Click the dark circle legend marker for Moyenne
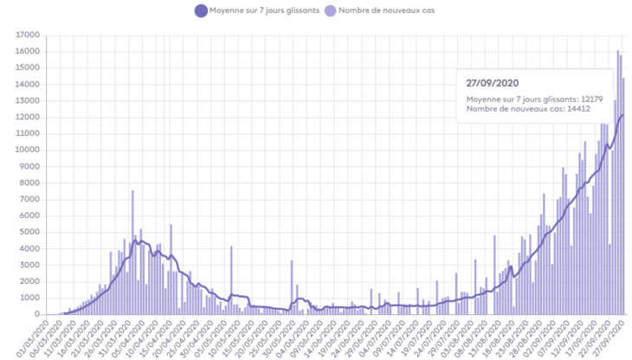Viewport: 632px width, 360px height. [201, 11]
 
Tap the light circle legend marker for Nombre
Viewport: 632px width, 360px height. [330, 11]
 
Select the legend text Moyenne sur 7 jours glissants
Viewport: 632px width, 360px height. [264, 11]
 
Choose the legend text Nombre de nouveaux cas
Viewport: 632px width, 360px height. [385, 11]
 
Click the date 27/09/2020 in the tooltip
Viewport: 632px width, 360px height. [492, 83]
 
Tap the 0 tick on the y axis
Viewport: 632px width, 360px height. [37, 314]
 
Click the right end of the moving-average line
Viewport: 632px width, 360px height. [623, 115]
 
